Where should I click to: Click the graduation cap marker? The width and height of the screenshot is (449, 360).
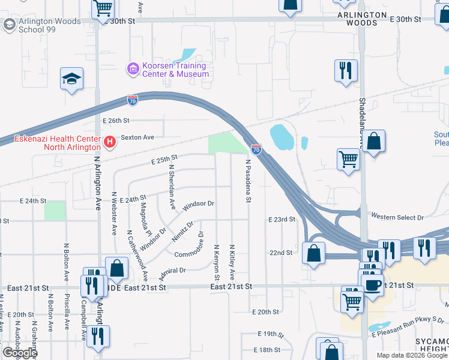[x=71, y=79]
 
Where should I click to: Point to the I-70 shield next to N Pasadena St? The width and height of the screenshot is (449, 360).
[x=256, y=149]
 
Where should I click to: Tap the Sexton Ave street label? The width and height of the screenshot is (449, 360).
[x=137, y=137]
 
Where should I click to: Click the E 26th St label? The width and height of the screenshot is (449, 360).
[x=116, y=121]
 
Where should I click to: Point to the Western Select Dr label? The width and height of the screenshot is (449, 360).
[x=397, y=217]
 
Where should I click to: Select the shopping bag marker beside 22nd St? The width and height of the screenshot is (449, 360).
[x=314, y=253]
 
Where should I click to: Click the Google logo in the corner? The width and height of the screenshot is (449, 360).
[x=20, y=353]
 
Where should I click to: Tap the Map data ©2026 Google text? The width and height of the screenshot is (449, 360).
[x=412, y=355]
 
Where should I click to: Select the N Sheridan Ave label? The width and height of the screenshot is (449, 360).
[x=172, y=187]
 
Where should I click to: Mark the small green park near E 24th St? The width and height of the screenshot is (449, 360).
[x=55, y=211]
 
